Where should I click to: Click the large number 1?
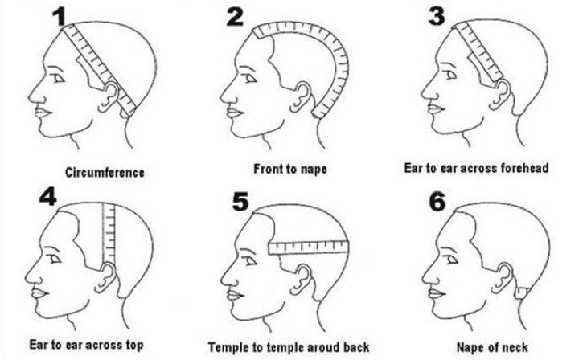60,17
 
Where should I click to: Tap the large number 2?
235,16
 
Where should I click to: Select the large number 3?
437,16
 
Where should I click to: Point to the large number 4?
48,195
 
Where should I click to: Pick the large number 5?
240,202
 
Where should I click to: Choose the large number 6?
437,202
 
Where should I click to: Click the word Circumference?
105,173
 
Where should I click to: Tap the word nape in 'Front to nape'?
313,170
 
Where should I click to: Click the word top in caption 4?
133,345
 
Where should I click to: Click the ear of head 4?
105,277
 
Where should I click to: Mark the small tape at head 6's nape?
522,292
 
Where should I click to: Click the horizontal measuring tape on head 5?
309,247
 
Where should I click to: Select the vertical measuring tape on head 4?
109,234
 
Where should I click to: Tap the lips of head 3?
435,109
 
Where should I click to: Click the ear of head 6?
503,278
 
